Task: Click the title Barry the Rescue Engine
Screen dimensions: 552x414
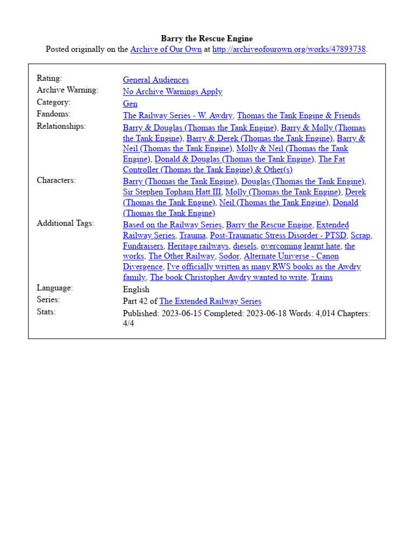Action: coord(206,39)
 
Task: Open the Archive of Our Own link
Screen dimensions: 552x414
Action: coord(166,50)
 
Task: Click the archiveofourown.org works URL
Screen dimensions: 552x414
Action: coord(289,50)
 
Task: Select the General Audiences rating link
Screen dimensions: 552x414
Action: coord(156,80)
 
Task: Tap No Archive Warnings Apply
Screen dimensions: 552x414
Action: coord(172,92)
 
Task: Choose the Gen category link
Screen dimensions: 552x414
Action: coord(130,103)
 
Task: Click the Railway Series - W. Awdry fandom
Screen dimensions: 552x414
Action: coord(178,115)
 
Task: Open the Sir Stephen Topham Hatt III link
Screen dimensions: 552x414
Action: coord(172,192)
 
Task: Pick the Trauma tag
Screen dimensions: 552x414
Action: coord(192,236)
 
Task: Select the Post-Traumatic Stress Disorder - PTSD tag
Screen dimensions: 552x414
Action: coord(278,236)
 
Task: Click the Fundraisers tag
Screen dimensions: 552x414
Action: coord(143,246)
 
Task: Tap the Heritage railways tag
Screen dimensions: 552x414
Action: coord(198,246)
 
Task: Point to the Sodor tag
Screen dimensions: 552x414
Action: coord(229,256)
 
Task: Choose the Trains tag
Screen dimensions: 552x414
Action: coord(322,277)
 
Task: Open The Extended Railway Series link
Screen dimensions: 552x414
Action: coord(210,301)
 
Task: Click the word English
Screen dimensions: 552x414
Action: coord(136,289)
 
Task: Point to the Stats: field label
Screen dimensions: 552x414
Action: coord(47,312)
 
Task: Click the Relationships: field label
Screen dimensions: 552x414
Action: coord(61,126)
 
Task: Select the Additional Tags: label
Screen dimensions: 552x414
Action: coord(65,223)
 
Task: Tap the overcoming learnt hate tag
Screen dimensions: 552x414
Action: coord(300,246)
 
